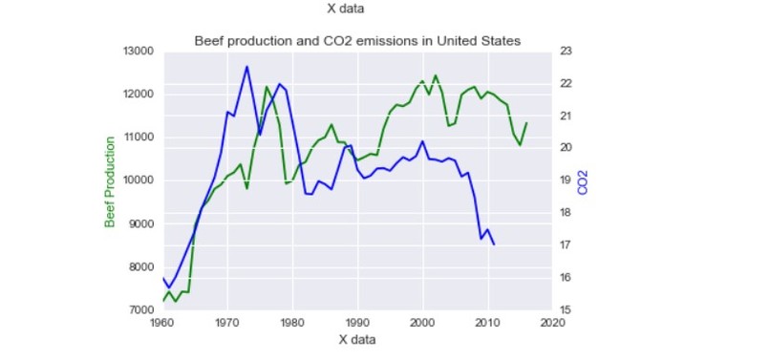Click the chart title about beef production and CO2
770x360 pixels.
[x=357, y=41]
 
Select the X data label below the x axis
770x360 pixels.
[x=357, y=340]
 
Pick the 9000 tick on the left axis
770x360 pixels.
[x=141, y=224]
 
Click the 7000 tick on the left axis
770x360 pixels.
[x=141, y=310]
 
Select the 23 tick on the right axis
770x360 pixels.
[x=565, y=51]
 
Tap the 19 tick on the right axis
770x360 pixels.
[x=565, y=180]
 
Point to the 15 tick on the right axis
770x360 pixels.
[x=565, y=310]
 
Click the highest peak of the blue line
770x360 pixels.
[x=246, y=66]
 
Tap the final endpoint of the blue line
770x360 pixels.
[x=494, y=244]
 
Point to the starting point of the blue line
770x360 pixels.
[x=162, y=278]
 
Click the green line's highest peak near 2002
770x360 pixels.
[x=436, y=75]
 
